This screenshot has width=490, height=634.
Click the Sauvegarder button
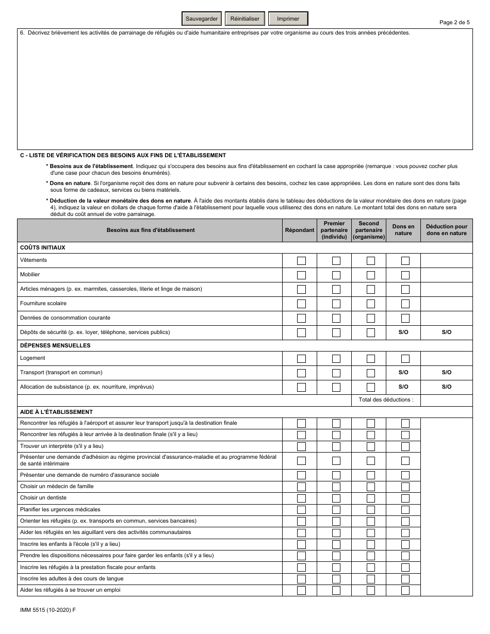202,19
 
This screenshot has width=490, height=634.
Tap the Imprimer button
288,19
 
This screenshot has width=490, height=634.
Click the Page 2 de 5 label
454,22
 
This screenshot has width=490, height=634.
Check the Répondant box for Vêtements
301,261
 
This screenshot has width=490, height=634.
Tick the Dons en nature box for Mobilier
405,275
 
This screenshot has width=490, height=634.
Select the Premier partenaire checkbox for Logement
336,359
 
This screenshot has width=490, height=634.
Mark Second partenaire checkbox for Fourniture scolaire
370,304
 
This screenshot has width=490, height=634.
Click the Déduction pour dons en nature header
446,230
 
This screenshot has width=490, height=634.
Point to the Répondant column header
300,230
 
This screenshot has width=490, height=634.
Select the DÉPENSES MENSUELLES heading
55,345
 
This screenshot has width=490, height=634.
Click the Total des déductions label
386,400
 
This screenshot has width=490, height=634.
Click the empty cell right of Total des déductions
446,400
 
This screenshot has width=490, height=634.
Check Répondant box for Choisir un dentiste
301,498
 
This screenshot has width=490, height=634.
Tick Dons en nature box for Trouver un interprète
405,446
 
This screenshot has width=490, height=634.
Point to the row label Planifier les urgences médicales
60,509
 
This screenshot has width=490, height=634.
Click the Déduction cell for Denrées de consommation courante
446,318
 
